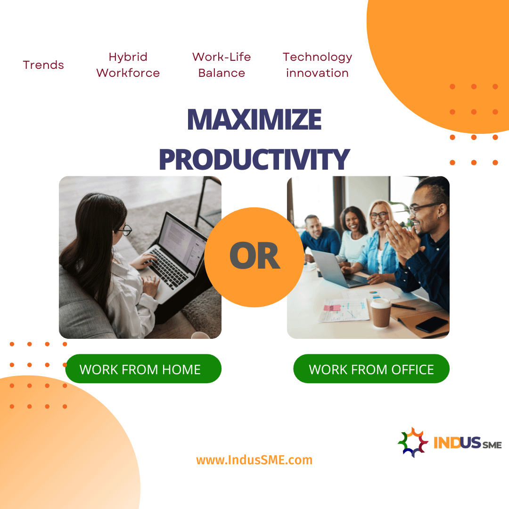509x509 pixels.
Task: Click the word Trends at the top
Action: coord(43,65)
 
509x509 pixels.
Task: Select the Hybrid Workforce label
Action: coord(128,65)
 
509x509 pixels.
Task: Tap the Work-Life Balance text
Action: coord(222,65)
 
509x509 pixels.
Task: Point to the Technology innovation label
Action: coord(317,65)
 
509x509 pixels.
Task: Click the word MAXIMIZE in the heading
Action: coord(254,120)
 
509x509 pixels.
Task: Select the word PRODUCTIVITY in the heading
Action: coord(254,159)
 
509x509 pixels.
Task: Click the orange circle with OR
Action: coord(254,257)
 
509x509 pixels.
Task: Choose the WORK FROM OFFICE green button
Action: coord(371,369)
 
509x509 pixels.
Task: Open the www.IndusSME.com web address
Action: coord(254,460)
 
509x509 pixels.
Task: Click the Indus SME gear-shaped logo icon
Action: coord(413,443)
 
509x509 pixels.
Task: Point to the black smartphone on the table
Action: coord(432,324)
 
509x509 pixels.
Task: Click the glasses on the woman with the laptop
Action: coord(125,230)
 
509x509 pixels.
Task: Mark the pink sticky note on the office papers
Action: coord(331,307)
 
